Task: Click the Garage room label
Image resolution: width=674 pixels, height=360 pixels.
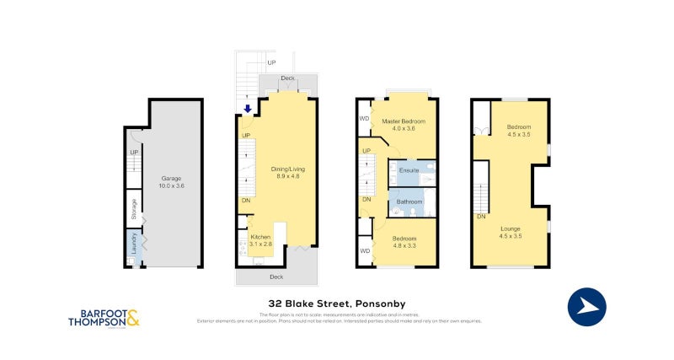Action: [x=172, y=179]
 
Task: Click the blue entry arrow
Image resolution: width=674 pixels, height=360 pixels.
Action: [x=247, y=109]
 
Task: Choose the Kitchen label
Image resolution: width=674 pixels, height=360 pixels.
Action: [x=261, y=237]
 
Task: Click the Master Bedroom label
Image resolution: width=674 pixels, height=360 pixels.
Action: [x=404, y=121]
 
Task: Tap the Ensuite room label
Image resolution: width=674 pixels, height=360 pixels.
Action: [x=409, y=171]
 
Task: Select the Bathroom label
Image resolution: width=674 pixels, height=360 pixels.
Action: [x=409, y=202]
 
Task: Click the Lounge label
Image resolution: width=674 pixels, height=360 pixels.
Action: [x=510, y=228]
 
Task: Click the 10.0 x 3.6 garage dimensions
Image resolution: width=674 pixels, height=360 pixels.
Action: [x=172, y=185]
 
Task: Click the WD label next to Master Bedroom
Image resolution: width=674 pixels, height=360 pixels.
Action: [x=364, y=119]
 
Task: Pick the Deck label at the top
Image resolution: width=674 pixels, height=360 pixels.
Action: [x=287, y=78]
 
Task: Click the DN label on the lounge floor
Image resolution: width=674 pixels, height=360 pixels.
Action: [x=480, y=217]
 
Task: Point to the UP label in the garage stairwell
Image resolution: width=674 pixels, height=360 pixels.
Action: [x=133, y=153]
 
